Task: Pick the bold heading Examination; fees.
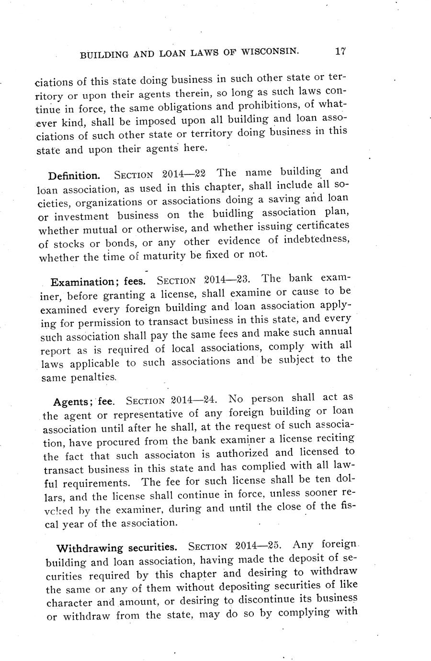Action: (98, 282)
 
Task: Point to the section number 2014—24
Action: (195, 399)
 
